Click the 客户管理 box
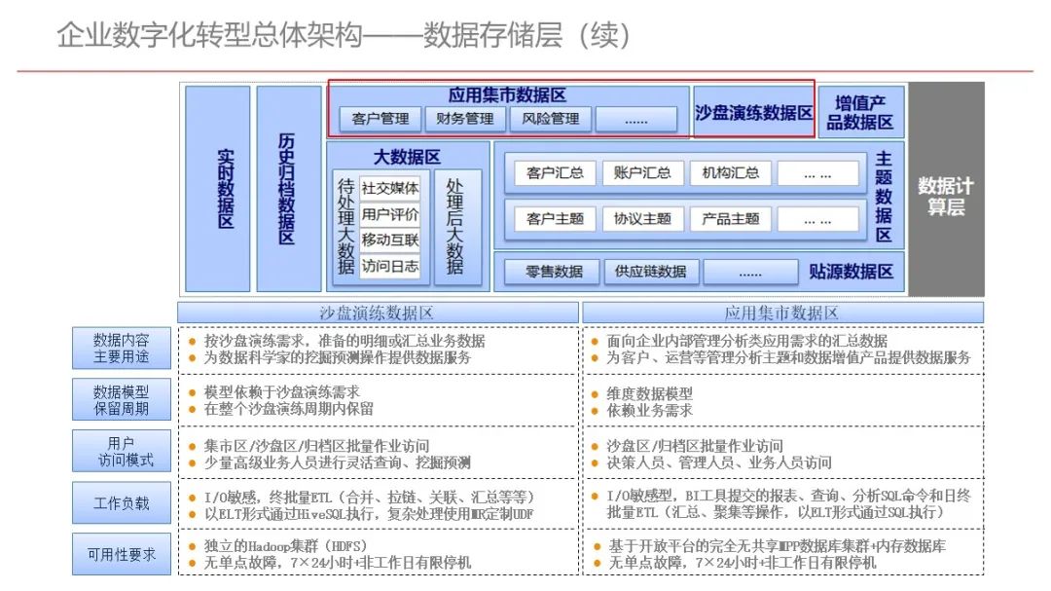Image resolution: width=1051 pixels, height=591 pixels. click(x=381, y=119)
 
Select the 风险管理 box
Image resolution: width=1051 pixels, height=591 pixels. click(x=550, y=119)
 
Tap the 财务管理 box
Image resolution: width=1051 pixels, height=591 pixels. click(x=465, y=119)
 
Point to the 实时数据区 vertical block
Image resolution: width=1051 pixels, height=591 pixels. click(x=218, y=188)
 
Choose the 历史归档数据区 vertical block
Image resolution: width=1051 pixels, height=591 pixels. click(x=288, y=188)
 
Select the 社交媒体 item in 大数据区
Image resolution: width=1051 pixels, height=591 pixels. click(x=390, y=188)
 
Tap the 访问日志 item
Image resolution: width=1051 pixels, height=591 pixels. click(x=390, y=266)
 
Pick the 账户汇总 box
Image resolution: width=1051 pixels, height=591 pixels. click(x=642, y=173)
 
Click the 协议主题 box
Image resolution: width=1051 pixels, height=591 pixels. click(x=642, y=219)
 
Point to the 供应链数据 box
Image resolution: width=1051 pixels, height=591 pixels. click(x=651, y=272)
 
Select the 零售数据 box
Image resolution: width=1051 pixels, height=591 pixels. click(x=555, y=272)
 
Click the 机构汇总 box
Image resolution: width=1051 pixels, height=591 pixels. click(x=730, y=173)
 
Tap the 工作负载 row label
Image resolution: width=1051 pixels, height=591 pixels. click(x=122, y=503)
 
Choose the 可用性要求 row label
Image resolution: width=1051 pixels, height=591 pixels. click(x=122, y=554)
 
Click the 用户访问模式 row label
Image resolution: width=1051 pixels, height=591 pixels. click(x=122, y=452)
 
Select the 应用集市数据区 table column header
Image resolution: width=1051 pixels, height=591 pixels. click(x=781, y=313)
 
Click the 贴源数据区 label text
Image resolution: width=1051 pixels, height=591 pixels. click(x=851, y=272)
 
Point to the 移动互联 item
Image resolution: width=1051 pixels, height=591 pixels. click(x=390, y=240)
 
